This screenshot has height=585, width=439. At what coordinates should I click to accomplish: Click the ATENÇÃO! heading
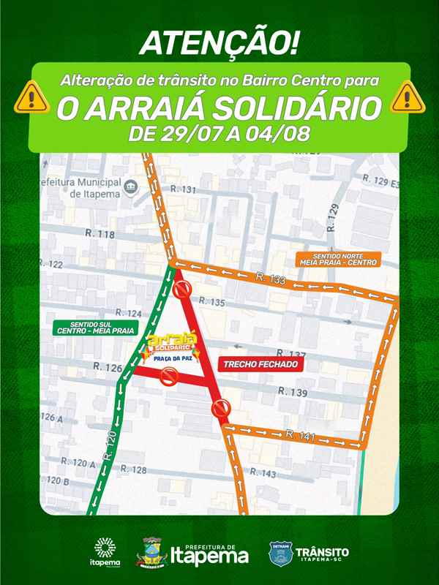[219, 43]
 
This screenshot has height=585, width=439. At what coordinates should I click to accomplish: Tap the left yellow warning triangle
[34, 96]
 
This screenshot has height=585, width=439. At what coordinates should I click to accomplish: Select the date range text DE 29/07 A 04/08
[219, 135]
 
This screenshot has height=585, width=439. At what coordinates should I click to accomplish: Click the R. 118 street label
[101, 235]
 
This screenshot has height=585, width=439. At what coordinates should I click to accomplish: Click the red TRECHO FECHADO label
[260, 363]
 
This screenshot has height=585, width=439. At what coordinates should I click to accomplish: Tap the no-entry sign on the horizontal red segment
[170, 377]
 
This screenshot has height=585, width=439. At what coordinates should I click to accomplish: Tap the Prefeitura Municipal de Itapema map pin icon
[132, 186]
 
